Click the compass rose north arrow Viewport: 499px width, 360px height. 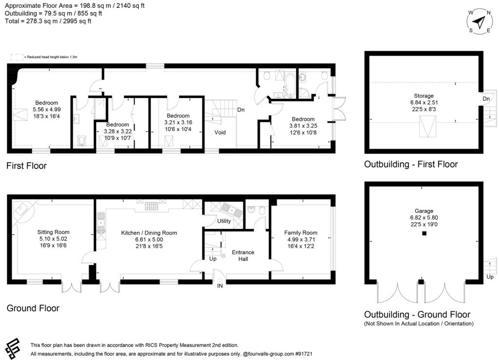pyautogui.click(x=480, y=22)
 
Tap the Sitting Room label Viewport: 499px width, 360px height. pyautogui.click(x=54, y=232)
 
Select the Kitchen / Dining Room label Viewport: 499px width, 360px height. pyautogui.click(x=149, y=233)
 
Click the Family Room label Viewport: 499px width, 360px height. pyautogui.click(x=301, y=233)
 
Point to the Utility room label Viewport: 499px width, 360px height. pyautogui.click(x=224, y=221)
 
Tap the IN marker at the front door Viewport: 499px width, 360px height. pyautogui.click(x=220, y=286)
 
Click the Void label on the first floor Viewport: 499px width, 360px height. pyautogui.click(x=220, y=132)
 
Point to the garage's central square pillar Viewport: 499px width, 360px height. pyautogui.click(x=424, y=234)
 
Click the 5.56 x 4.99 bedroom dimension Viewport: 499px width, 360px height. pyautogui.click(x=46, y=110)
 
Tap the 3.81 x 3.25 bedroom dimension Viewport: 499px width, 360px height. pyautogui.click(x=303, y=126)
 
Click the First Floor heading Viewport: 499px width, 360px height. pyautogui.click(x=26, y=166)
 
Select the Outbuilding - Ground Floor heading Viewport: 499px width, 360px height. pyautogui.click(x=417, y=315)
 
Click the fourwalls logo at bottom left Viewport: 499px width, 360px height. pyautogui.click(x=14, y=346)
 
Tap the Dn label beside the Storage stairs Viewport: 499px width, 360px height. pyautogui.click(x=486, y=99)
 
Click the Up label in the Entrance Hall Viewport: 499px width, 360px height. pyautogui.click(x=212, y=259)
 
